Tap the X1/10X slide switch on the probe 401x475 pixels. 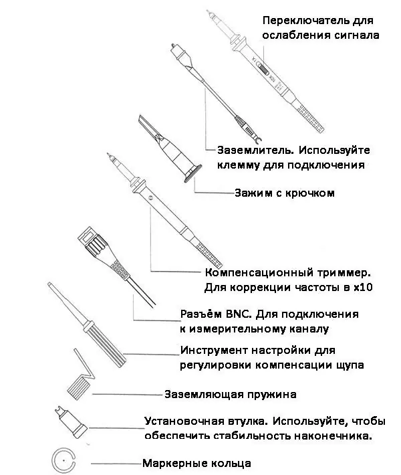click(263, 70)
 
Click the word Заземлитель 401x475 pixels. click(255, 151)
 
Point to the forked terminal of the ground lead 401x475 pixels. click(257, 139)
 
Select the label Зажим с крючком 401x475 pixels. click(285, 193)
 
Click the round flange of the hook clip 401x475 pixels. click(192, 173)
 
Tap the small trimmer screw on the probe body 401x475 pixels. click(151, 198)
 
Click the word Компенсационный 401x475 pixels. click(255, 273)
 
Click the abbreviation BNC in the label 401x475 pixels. click(239, 314)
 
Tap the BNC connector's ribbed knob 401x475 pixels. click(96, 246)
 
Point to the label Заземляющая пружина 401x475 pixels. click(231, 395)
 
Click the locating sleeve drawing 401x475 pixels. click(72, 422)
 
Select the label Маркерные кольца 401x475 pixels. click(196, 463)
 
